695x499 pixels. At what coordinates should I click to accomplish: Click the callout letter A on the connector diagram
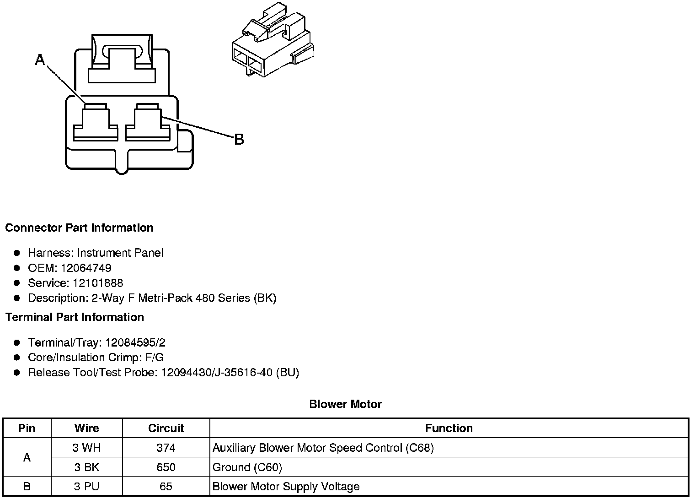(40, 60)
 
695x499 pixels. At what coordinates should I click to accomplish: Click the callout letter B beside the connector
(239, 140)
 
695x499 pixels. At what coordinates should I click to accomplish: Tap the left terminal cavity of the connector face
(96, 124)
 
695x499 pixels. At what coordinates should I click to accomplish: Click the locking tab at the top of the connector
(122, 57)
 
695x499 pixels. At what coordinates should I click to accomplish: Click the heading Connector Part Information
(80, 228)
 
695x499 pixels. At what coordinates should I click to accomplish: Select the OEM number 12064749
(86, 268)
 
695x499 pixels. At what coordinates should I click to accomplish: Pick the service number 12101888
(98, 283)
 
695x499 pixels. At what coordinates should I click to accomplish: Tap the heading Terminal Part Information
(75, 317)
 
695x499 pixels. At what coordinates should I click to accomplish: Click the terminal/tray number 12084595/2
(135, 342)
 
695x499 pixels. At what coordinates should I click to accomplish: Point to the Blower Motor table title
(345, 404)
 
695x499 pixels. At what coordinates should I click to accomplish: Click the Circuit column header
(166, 428)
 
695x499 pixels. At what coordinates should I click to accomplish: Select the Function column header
(449, 428)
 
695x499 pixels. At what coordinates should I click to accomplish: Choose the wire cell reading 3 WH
(86, 448)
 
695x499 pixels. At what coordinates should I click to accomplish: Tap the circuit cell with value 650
(166, 467)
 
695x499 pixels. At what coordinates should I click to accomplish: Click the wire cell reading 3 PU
(86, 487)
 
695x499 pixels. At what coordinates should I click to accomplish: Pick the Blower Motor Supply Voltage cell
(286, 487)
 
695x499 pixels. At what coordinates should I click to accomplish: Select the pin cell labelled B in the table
(27, 487)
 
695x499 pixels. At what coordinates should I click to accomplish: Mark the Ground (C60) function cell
(247, 467)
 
